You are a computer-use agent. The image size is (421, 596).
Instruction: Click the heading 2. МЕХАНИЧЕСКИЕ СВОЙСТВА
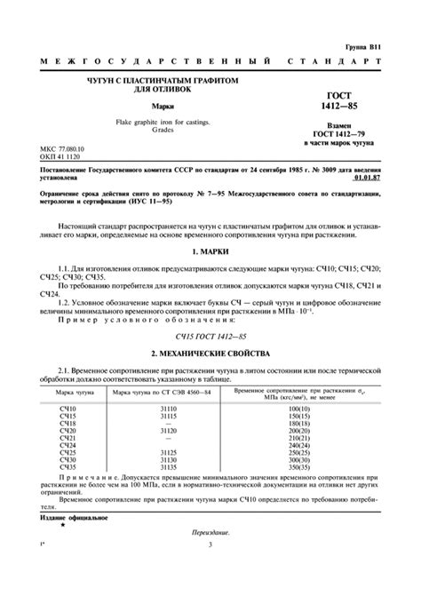[x=210, y=329]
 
